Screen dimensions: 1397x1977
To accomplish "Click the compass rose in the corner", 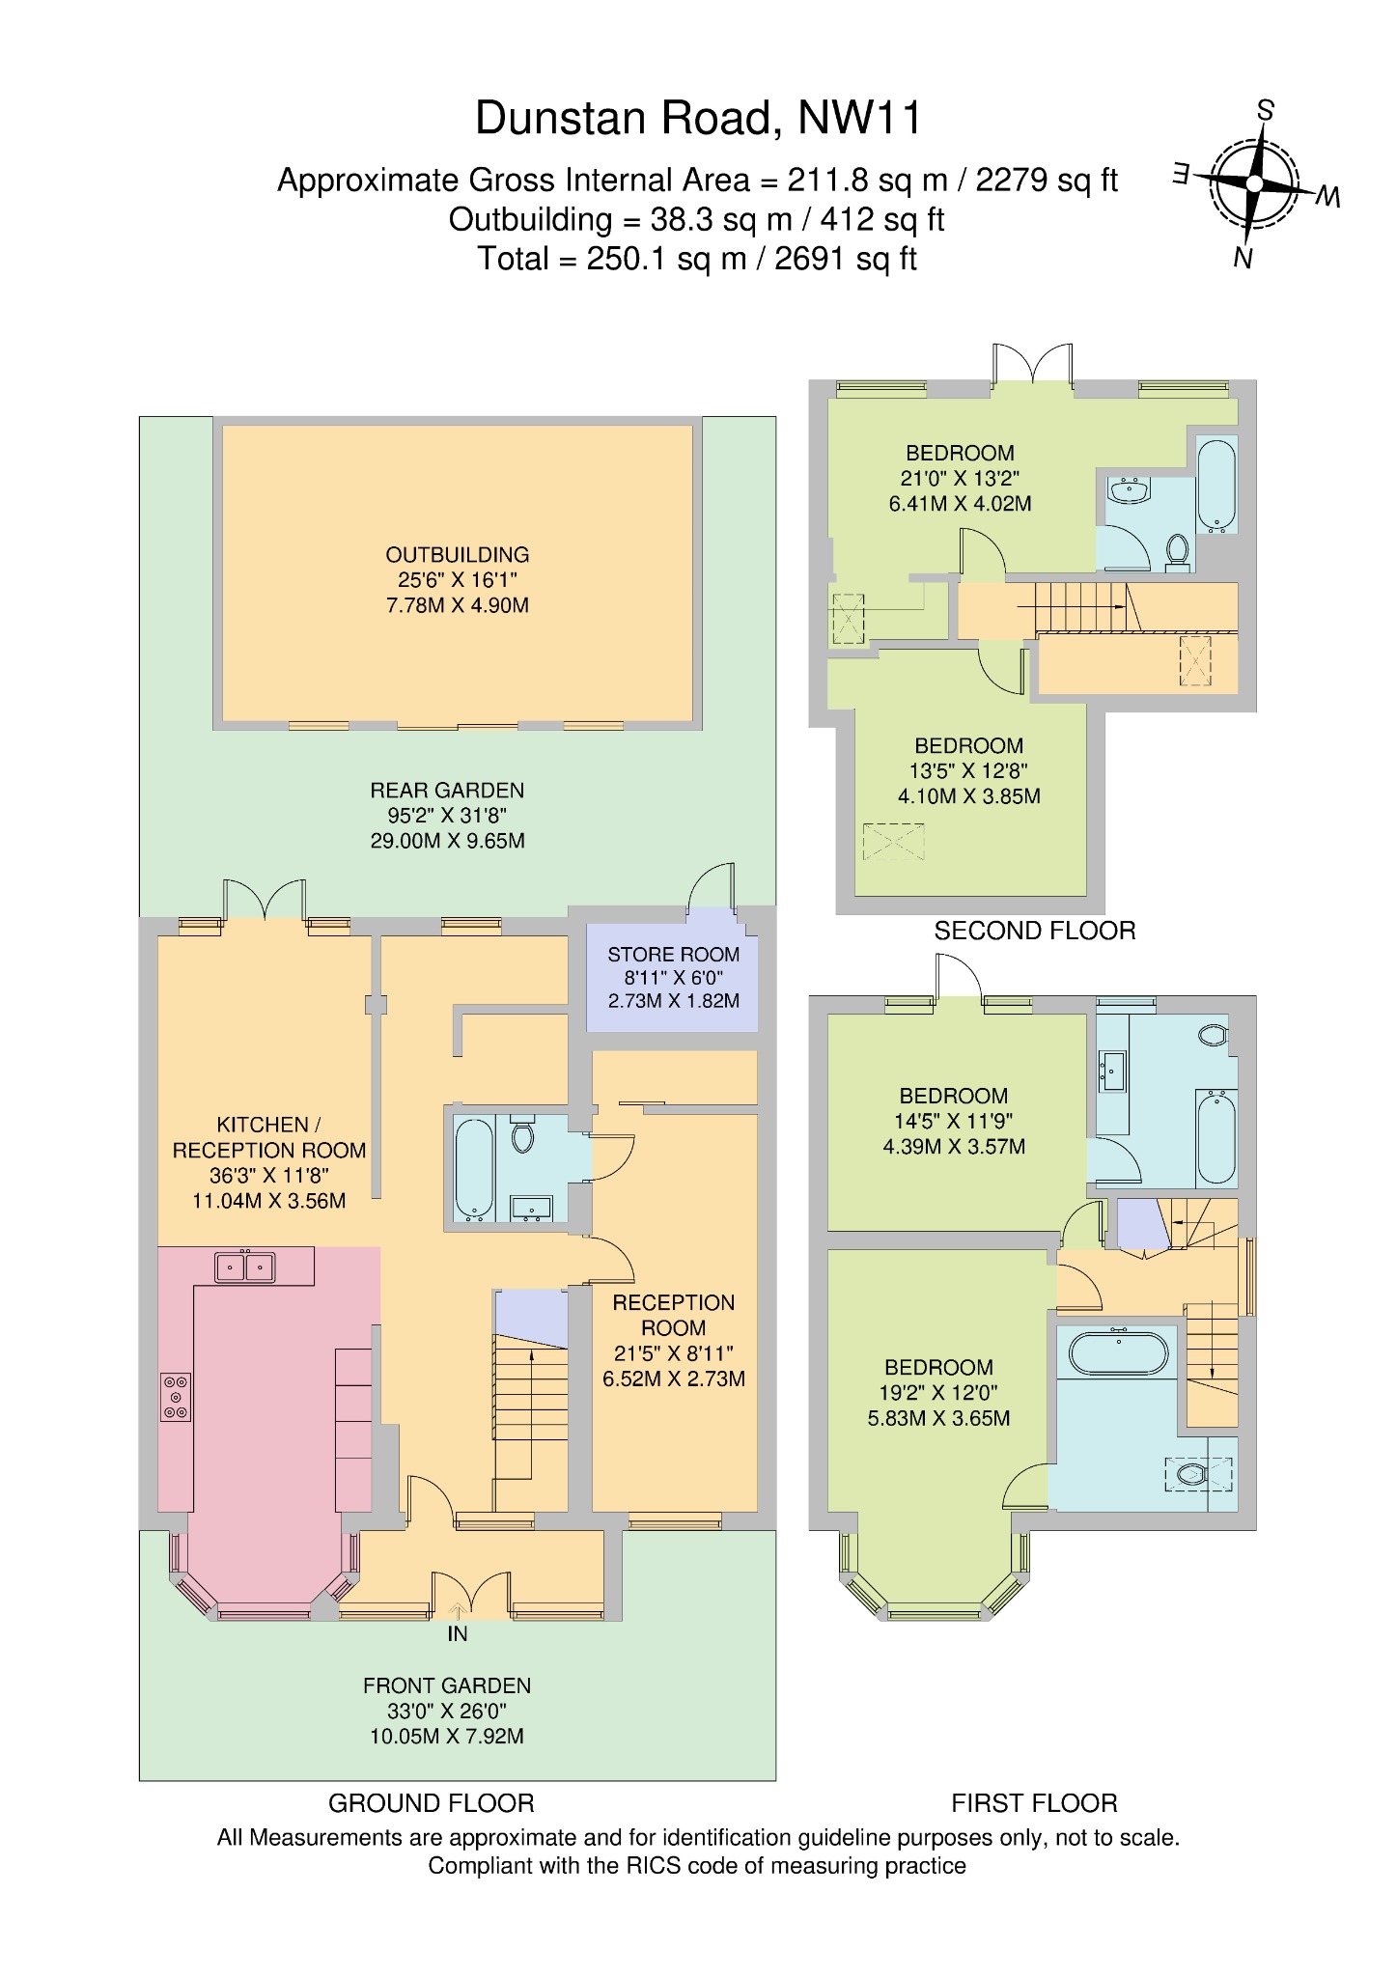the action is pos(1254,183).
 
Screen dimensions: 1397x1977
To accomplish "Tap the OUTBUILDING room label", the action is pos(458,555).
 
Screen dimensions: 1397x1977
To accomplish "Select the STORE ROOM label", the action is pos(674,955).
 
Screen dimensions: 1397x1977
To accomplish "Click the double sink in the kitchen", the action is pos(245,1266).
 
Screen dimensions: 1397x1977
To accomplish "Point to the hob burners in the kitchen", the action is pos(176,1397).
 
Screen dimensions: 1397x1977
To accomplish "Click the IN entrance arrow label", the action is pos(458,1633).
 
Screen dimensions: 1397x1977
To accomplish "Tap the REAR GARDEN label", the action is pos(447,791).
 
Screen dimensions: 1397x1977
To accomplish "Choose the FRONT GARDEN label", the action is pos(447,1685).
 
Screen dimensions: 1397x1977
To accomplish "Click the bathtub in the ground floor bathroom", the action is pos(474,1169).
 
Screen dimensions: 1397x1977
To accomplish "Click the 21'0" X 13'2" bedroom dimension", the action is pos(960,478).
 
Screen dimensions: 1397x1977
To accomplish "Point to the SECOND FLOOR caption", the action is pos(1035,931).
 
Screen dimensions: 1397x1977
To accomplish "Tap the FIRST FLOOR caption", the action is pos(1034,1803).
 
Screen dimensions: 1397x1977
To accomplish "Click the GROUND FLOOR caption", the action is pos(432,1803).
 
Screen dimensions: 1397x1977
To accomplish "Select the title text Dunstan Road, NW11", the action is pos(699,118).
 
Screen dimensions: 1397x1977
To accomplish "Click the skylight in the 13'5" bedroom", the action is pos(893,842).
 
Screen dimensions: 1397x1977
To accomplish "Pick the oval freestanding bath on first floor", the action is pos(1120,1352).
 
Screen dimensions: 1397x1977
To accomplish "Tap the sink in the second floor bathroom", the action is pos(1129,490).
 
